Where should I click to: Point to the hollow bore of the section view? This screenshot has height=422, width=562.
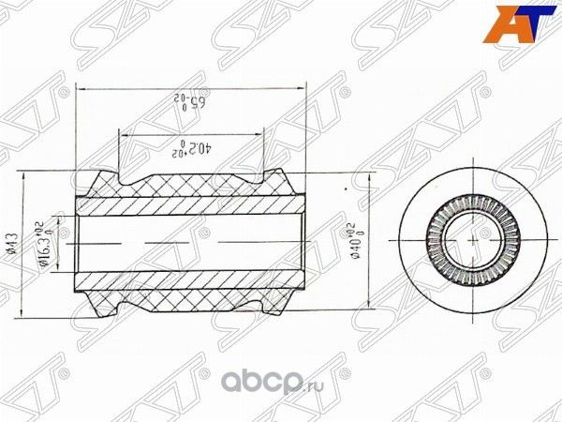[x=187, y=240]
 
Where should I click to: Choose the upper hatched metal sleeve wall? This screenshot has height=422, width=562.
[x=187, y=205]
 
